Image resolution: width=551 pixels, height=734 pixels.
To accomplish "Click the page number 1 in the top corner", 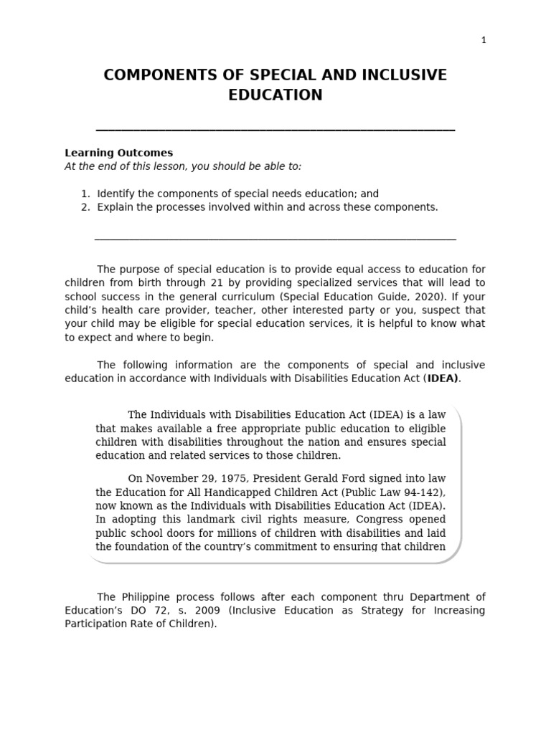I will pos(484,40).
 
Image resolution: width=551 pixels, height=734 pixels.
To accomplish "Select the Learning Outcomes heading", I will pos(118,153).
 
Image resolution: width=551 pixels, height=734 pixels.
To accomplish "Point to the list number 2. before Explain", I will pos(85,207).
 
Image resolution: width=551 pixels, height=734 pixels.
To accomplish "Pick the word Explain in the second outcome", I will pos(116,207).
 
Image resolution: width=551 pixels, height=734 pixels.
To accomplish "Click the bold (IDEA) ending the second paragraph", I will pos(442,378).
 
